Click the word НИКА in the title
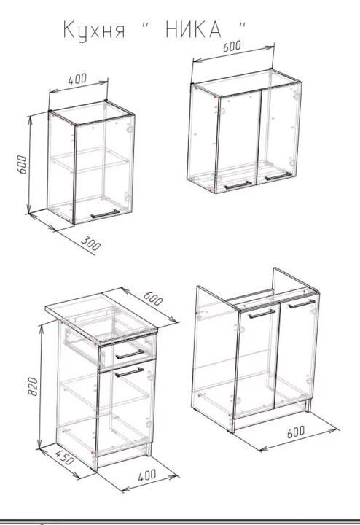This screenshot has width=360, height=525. pyautogui.click(x=193, y=29)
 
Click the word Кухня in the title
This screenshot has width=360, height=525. pyautogui.click(x=94, y=31)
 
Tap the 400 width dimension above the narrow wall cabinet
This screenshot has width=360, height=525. pyautogui.click(x=77, y=79)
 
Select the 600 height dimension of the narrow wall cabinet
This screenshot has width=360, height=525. pyautogui.click(x=22, y=164)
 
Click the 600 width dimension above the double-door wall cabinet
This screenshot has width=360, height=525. pyautogui.click(x=232, y=46)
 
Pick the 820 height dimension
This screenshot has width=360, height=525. pyautogui.click(x=33, y=386)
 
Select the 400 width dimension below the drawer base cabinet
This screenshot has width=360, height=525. pyautogui.click(x=147, y=475)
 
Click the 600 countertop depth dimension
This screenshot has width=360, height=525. pyautogui.click(x=153, y=298)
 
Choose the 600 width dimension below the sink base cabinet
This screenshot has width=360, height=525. pyautogui.click(x=296, y=432)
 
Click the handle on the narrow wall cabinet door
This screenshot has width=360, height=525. pyautogui.click(x=105, y=214)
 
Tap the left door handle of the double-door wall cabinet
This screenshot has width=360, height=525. pyautogui.click(x=238, y=185)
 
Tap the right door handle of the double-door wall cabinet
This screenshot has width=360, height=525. pyautogui.click(x=278, y=176)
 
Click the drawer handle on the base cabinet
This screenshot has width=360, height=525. pyautogui.click(x=130, y=354)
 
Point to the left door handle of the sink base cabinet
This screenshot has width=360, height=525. pyautogui.click(x=262, y=314)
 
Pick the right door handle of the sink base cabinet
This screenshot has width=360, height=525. pyautogui.click(x=302, y=303)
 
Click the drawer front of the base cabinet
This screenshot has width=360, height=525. pyautogui.click(x=127, y=354)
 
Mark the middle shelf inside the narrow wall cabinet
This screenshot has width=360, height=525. pyautogui.click(x=90, y=160)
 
